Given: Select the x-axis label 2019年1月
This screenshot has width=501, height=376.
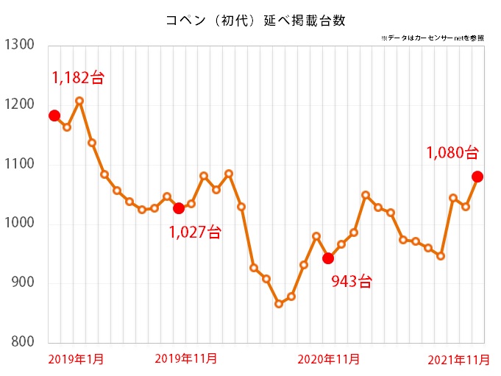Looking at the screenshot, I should coord(76,359).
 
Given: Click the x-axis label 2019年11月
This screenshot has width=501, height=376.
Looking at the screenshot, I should coord(186,359).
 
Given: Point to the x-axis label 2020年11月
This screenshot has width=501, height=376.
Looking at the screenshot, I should coord(329,359).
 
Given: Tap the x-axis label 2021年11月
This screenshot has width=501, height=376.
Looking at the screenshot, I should coord(458,359).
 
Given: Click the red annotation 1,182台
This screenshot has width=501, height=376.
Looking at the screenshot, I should coord(78,77).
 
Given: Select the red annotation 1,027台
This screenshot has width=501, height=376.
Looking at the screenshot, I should coord(194,233).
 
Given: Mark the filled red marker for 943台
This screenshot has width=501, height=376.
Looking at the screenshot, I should coord(328,258).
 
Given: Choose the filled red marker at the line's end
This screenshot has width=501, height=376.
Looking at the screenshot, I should coord(477,177).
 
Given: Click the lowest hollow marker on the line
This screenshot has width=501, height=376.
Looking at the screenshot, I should coord(279,304).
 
